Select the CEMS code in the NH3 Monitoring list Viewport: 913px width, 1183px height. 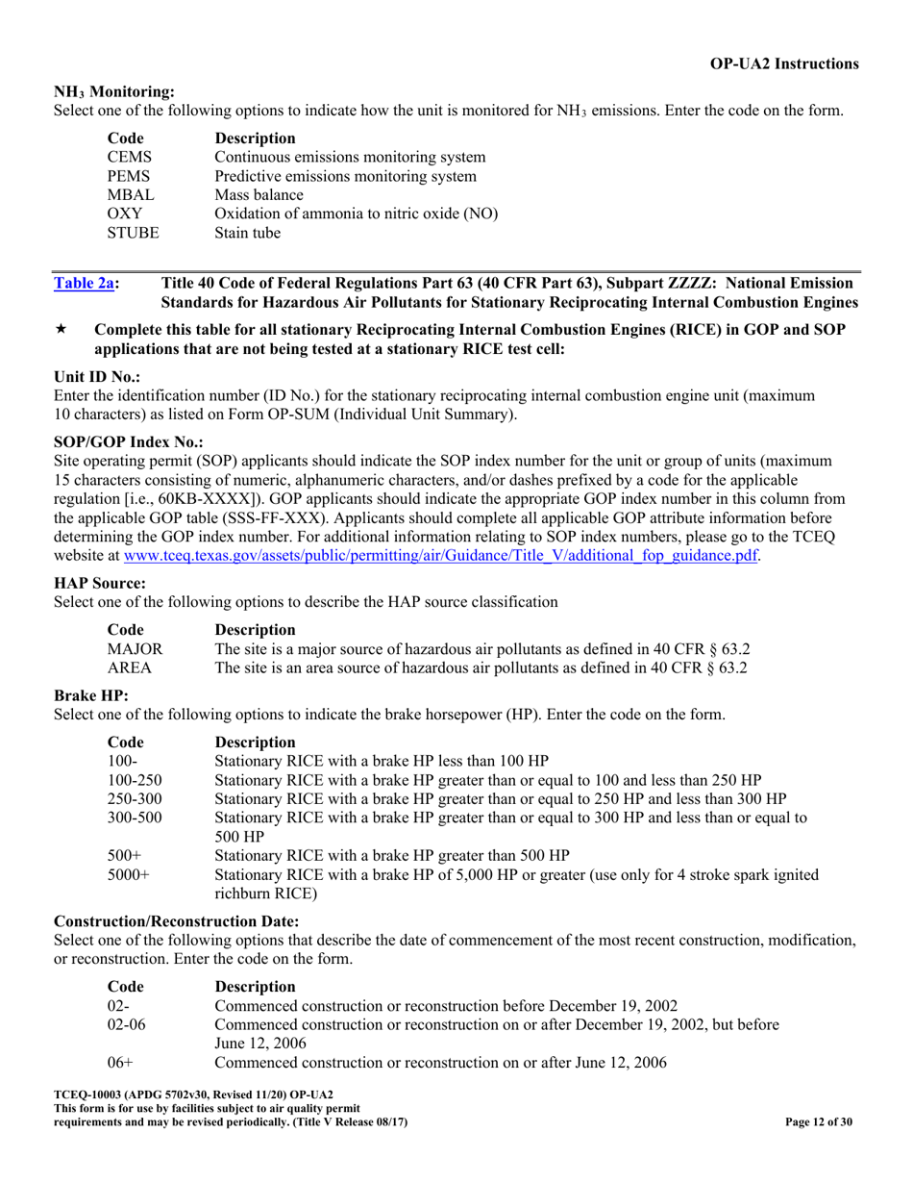pyautogui.click(x=129, y=156)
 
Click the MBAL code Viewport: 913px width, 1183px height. pyautogui.click(x=129, y=196)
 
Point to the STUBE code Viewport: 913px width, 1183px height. pyautogui.click(x=133, y=233)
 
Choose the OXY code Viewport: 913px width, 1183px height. pyautogui.click(x=124, y=214)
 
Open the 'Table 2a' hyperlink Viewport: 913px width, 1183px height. pyautogui.click(x=84, y=283)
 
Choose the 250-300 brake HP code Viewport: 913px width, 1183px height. pyautogui.click(x=134, y=798)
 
